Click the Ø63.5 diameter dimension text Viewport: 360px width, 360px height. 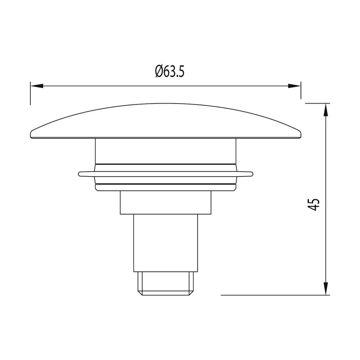point(169,71)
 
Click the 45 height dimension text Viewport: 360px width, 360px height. point(314,205)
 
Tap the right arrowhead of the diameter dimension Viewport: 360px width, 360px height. point(294,86)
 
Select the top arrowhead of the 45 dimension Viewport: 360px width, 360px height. point(326,110)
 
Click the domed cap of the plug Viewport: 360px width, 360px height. point(166,121)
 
